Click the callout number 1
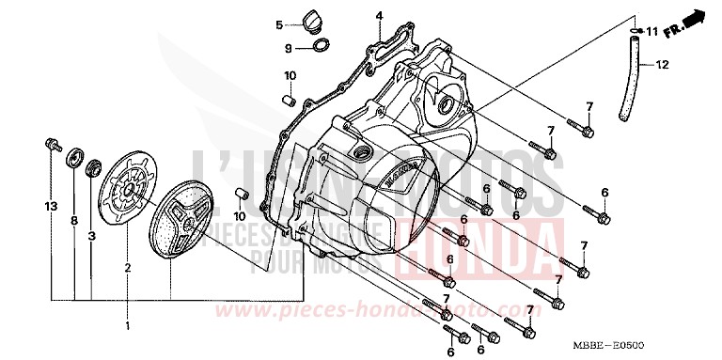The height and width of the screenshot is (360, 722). click(x=128, y=325)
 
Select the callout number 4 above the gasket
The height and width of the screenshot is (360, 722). click(x=379, y=16)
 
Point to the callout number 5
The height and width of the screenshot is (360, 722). click(x=279, y=24)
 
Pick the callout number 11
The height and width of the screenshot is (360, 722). click(x=652, y=32)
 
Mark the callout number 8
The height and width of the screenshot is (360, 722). click(x=73, y=221)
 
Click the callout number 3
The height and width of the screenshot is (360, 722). click(x=91, y=237)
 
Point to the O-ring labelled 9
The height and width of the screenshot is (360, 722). click(x=320, y=46)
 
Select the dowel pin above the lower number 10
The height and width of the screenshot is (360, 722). click(x=241, y=194)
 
